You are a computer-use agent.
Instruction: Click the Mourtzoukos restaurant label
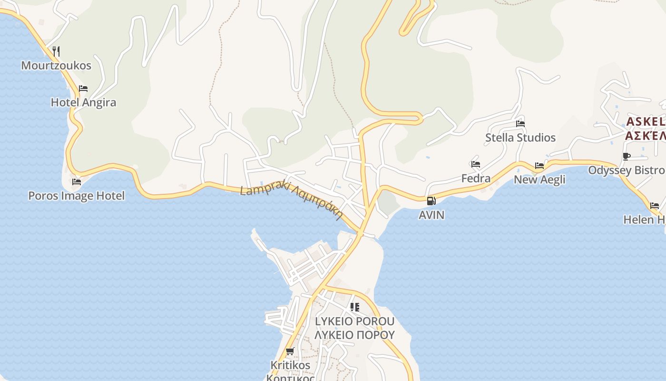pyautogui.click(x=56, y=65)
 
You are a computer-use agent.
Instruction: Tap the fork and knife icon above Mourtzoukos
pyautogui.click(x=56, y=51)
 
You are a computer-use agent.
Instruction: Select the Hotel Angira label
pyautogui.click(x=83, y=102)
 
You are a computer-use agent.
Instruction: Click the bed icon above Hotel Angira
pyautogui.click(x=83, y=89)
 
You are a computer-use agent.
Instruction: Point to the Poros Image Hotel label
pyautogui.click(x=76, y=196)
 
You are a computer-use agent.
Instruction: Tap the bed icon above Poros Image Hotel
pyautogui.click(x=76, y=182)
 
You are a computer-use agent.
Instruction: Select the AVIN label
pyautogui.click(x=431, y=215)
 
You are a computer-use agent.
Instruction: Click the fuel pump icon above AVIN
pyautogui.click(x=431, y=201)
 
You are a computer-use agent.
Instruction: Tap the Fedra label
pyautogui.click(x=476, y=179)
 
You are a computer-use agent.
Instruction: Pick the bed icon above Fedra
pyautogui.click(x=476, y=165)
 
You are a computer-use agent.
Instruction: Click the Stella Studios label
pyautogui.click(x=520, y=138)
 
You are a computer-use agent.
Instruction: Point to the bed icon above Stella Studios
pyautogui.click(x=520, y=124)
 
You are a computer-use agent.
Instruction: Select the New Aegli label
pyautogui.click(x=539, y=180)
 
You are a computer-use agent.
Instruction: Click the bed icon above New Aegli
pyautogui.click(x=539, y=166)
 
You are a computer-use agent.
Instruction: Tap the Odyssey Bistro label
pyautogui.click(x=626, y=170)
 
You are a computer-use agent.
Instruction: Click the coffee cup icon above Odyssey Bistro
pyautogui.click(x=627, y=156)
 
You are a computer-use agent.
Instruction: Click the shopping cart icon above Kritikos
pyautogui.click(x=290, y=351)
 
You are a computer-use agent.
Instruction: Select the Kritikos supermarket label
pyautogui.click(x=290, y=365)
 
